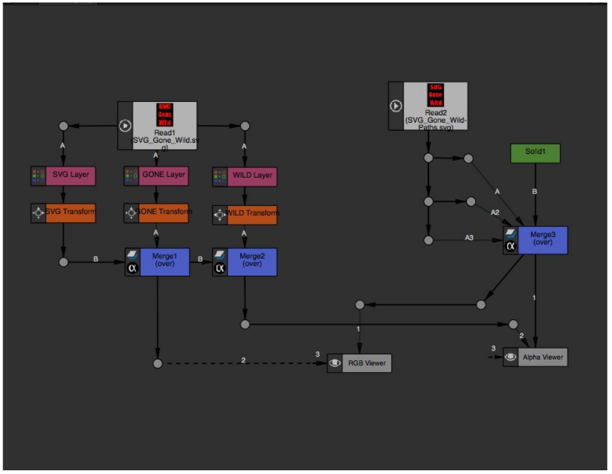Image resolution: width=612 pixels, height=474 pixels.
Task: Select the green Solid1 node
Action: coord(535,153)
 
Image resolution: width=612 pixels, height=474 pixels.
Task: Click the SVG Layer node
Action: coord(70,175)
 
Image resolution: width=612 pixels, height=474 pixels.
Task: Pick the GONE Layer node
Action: coord(163,175)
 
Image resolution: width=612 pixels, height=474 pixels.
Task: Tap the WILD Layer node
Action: coord(252,176)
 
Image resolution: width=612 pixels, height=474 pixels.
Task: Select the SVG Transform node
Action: coord(70,213)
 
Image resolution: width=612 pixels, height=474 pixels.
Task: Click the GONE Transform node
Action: coord(163,211)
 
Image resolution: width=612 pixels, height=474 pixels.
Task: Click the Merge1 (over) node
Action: coord(164,262)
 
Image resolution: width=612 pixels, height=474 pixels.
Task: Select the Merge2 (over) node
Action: coord(252,262)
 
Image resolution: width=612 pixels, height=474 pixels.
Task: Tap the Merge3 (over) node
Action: coord(542,240)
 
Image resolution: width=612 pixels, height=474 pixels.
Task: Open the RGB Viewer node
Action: coord(367,363)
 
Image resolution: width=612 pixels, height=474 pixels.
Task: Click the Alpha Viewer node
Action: coord(542,357)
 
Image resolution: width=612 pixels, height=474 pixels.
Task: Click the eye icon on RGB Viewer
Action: coord(334,363)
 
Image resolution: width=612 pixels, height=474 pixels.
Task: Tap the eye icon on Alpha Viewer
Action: coord(511,357)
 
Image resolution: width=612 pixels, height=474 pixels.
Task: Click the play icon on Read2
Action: coord(396,106)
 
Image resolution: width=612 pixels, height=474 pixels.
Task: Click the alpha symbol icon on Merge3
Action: coord(511,246)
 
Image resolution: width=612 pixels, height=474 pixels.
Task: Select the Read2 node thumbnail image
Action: coord(436,95)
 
